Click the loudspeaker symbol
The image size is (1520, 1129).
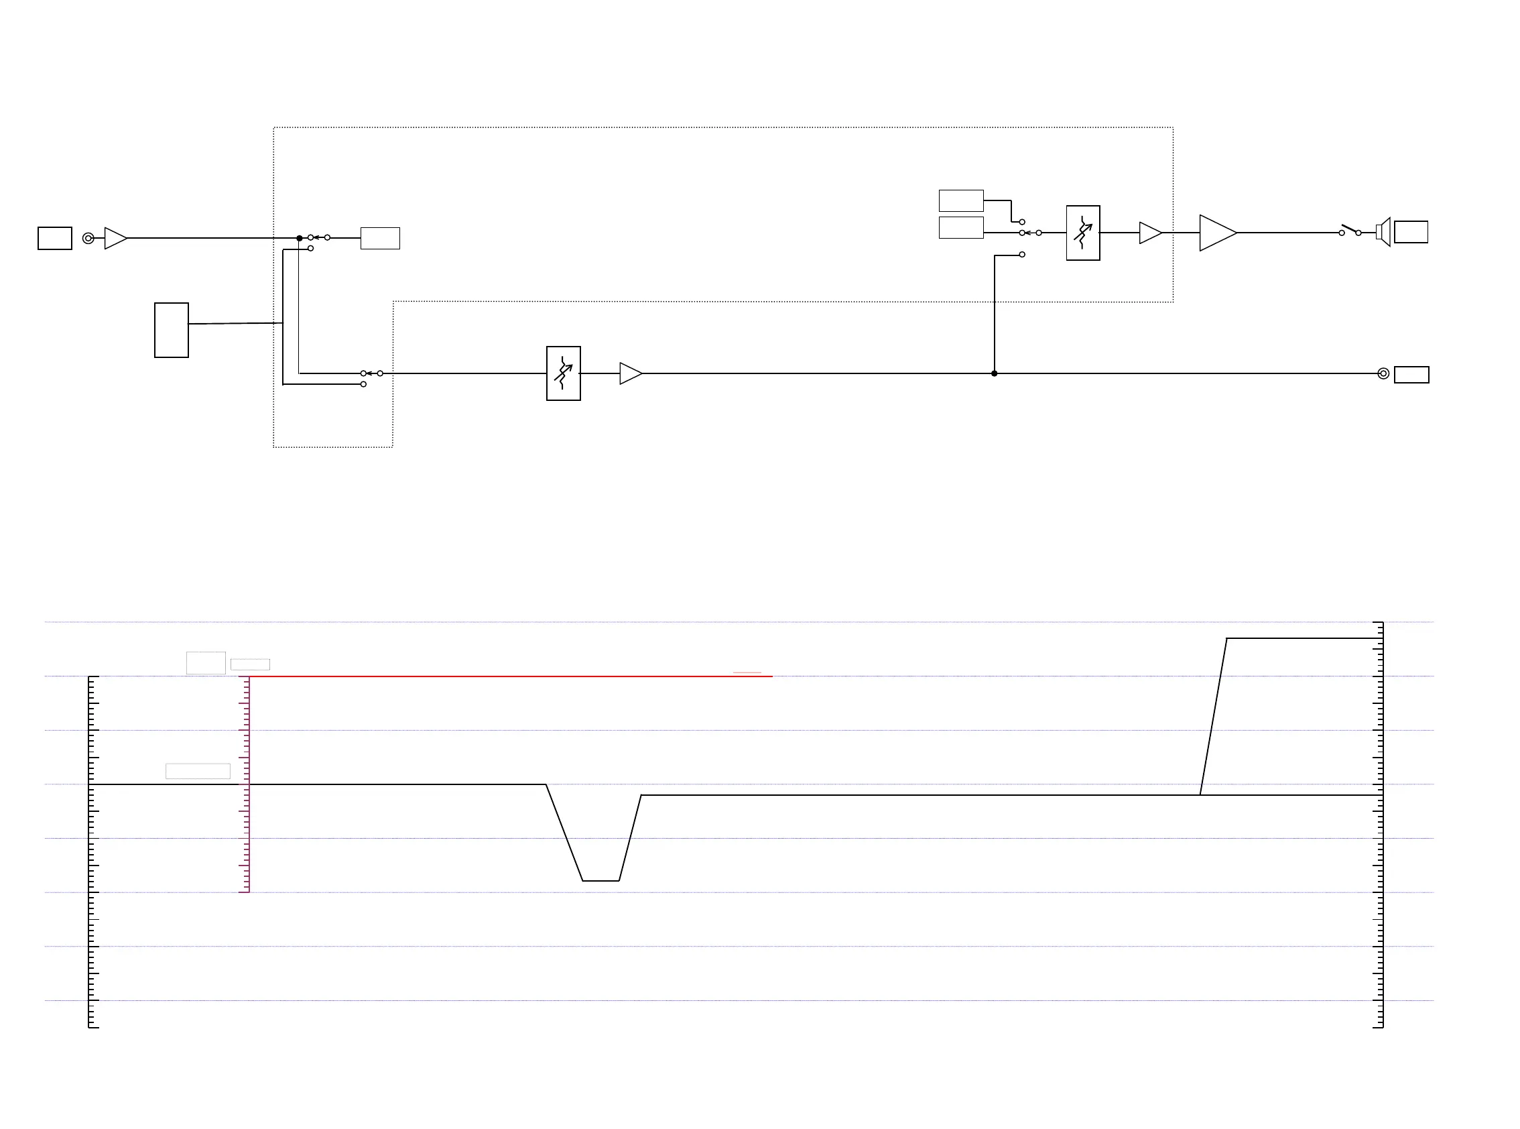1383,233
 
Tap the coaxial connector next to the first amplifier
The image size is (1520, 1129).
88,238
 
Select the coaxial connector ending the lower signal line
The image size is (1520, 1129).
1383,373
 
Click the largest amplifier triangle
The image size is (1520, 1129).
1216,233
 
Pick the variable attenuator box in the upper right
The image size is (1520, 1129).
1083,233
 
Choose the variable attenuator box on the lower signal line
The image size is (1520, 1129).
564,373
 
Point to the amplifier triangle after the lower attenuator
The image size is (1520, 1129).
630,373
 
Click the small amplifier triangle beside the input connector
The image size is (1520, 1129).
115,238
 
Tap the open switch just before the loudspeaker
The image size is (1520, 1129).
1350,231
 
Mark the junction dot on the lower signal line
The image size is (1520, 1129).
994,373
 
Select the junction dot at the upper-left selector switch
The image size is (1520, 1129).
299,238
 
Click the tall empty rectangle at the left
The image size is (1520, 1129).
172,330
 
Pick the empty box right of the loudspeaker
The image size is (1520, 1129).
1411,232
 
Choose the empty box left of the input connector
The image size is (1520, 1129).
55,238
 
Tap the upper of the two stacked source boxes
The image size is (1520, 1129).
961,201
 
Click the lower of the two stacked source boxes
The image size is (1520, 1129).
961,227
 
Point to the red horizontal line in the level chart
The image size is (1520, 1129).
512,676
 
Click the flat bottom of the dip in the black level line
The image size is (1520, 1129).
601,881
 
